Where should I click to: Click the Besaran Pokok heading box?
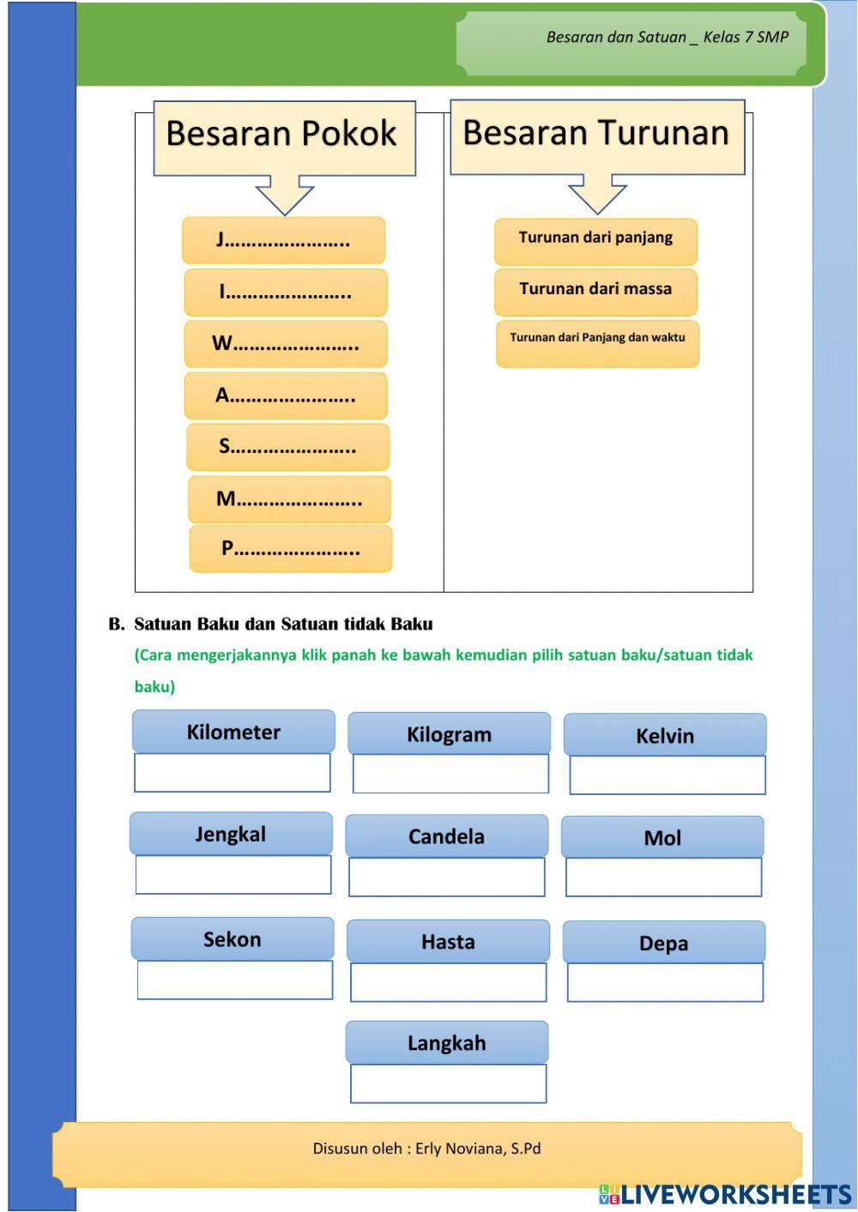(x=284, y=137)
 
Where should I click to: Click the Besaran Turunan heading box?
(x=597, y=136)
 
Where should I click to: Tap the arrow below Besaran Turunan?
(x=598, y=194)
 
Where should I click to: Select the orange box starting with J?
(x=283, y=240)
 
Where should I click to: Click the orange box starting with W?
(x=286, y=344)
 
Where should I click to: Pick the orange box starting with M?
(x=289, y=499)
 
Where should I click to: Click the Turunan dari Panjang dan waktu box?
(x=597, y=342)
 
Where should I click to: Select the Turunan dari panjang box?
(x=595, y=240)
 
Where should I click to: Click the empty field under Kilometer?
(x=233, y=773)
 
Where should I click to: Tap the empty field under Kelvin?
(x=668, y=775)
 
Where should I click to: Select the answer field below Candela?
(x=447, y=877)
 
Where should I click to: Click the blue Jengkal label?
(x=231, y=834)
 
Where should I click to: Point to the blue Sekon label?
(x=233, y=938)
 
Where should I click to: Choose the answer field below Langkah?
(x=448, y=1083)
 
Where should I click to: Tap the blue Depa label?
(x=663, y=943)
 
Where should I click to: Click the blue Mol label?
(x=662, y=837)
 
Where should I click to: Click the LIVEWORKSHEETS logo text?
(x=735, y=1194)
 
